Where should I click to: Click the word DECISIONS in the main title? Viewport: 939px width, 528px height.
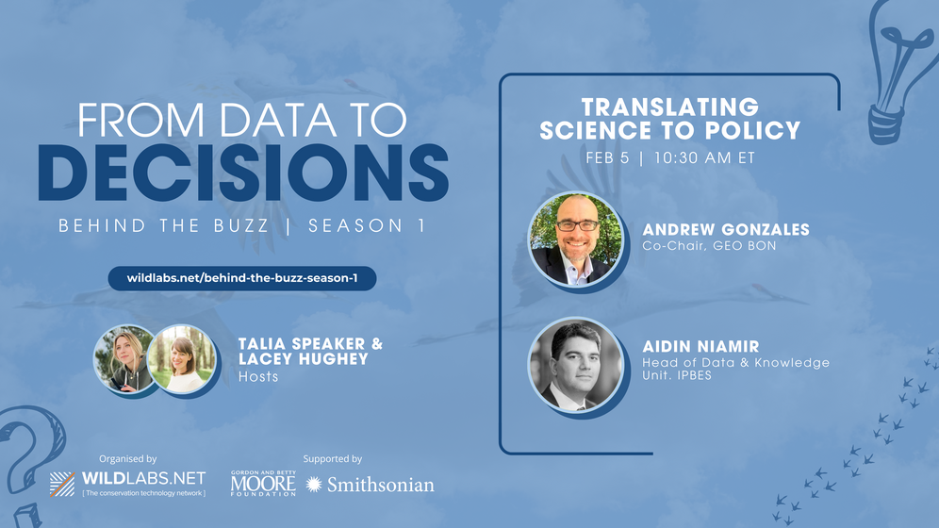pyautogui.click(x=243, y=173)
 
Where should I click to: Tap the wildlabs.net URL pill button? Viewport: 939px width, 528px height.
pyautogui.click(x=242, y=278)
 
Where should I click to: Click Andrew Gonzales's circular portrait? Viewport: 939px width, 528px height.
pyautogui.click(x=575, y=239)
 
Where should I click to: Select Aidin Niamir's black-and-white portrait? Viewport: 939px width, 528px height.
pyautogui.click(x=575, y=365)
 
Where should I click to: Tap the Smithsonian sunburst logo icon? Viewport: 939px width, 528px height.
pyautogui.click(x=313, y=485)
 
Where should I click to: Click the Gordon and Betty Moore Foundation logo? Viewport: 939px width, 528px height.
pyautogui.click(x=263, y=483)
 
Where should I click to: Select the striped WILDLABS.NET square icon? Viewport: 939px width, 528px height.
pyautogui.click(x=62, y=484)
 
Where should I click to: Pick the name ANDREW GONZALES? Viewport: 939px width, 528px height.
pyautogui.click(x=726, y=229)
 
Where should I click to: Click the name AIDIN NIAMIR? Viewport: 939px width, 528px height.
pyautogui.click(x=700, y=346)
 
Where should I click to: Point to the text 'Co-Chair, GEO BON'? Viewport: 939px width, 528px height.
pyautogui.click(x=709, y=245)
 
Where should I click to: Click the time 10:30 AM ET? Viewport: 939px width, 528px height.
pyautogui.click(x=704, y=158)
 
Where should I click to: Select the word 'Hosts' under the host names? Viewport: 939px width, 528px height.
pyautogui.click(x=258, y=376)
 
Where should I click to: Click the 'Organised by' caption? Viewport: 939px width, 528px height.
pyautogui.click(x=127, y=459)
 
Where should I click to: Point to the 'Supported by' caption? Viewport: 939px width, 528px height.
pyautogui.click(x=333, y=459)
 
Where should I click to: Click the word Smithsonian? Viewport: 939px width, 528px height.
pyautogui.click(x=380, y=485)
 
